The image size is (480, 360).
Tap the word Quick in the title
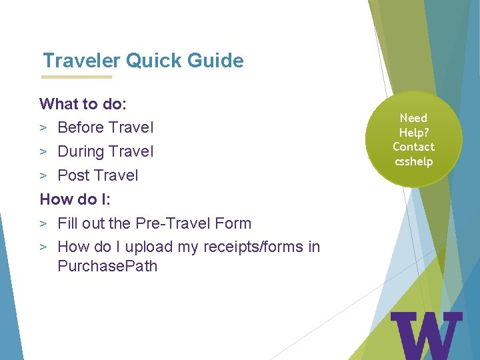point(153,61)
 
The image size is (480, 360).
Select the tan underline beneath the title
point(77,77)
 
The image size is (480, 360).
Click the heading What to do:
point(83,104)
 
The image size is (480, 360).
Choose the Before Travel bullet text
point(105,127)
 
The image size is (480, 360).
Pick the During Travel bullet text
point(105,151)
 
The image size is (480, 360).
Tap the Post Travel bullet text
point(98,175)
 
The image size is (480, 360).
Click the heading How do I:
point(76,199)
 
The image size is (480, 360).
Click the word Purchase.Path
point(107,266)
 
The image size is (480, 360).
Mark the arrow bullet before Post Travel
point(43,176)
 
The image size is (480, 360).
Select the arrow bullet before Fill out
point(43,224)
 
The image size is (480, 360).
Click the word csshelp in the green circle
point(413,161)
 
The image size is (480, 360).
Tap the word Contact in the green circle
point(413,147)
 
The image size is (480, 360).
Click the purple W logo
point(426,335)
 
